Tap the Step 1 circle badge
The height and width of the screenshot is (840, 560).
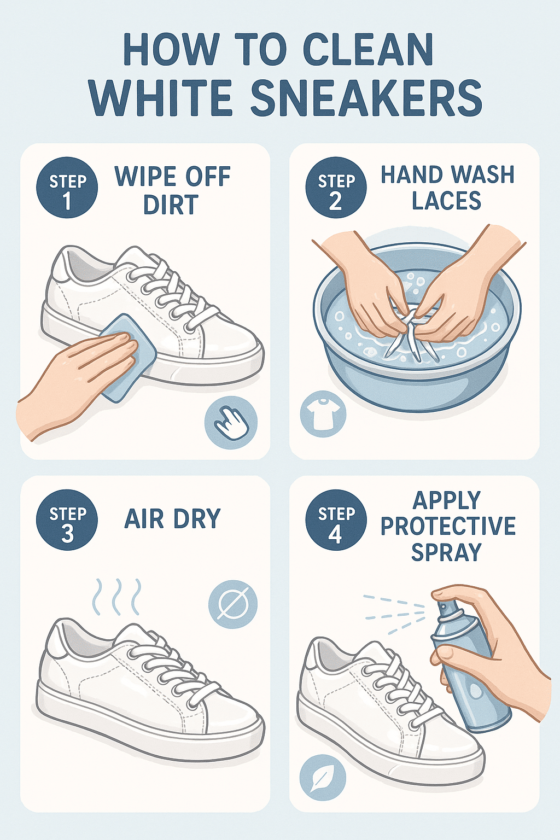tap(67, 188)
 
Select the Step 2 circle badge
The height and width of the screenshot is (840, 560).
tap(336, 188)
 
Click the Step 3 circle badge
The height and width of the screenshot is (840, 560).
tap(67, 520)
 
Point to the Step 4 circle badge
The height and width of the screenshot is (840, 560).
tap(336, 520)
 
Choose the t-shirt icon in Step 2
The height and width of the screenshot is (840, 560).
tap(323, 414)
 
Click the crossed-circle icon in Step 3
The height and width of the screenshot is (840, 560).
tap(233, 604)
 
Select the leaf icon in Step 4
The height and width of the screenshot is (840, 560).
tap(323, 778)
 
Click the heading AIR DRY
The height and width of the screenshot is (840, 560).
tap(172, 519)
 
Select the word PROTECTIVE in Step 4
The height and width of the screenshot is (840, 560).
tap(448, 526)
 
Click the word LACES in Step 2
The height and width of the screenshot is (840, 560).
tap(446, 201)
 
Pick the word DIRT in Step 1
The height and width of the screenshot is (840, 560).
tap(171, 205)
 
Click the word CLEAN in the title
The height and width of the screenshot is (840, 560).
tap(368, 50)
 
